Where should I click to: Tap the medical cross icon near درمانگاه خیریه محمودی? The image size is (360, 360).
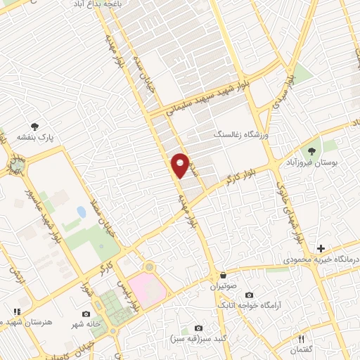tap(321, 248)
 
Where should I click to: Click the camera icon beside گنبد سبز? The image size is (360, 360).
tap(198, 328)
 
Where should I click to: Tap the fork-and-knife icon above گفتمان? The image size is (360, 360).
tap(302, 338)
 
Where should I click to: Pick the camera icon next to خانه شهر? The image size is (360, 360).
tap(86, 314)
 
